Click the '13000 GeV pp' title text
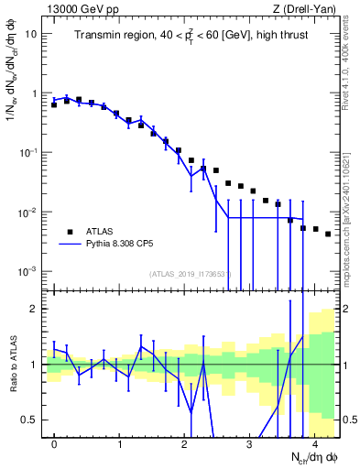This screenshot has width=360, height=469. click(80, 8)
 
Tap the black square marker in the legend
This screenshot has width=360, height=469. click(70, 232)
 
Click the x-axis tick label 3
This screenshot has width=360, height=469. click(250, 444)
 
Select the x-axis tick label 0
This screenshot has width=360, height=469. click(54, 444)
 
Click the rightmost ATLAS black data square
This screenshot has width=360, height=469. click(328, 234)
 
